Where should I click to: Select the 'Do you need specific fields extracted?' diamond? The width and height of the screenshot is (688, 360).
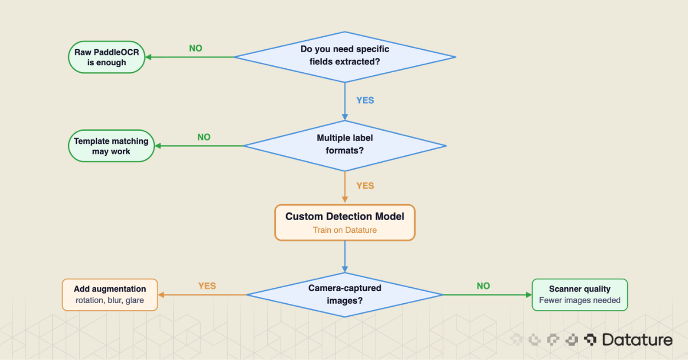pyautogui.click(x=345, y=57)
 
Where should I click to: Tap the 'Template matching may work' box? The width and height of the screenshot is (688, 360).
pyautogui.click(x=111, y=146)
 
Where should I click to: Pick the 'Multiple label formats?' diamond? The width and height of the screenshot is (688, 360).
pyautogui.click(x=345, y=146)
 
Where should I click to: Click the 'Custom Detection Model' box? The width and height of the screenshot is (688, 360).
pyautogui.click(x=345, y=222)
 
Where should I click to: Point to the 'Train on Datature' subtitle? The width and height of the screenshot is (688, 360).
pyautogui.click(x=345, y=230)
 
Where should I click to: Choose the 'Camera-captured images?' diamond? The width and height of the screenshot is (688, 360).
pyautogui.click(x=345, y=295)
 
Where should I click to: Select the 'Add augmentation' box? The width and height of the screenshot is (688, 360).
pyautogui.click(x=110, y=295)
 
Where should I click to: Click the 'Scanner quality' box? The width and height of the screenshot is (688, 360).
pyautogui.click(x=580, y=295)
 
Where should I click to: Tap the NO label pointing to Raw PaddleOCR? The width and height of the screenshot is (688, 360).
pyautogui.click(x=196, y=49)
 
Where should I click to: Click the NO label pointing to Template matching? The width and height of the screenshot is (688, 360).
pyautogui.click(x=204, y=138)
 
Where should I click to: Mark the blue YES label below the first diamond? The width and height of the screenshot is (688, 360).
pyautogui.click(x=365, y=100)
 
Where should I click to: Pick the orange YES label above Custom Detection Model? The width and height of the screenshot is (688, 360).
pyautogui.click(x=365, y=186)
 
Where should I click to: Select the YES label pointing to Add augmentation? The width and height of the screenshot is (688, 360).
pyautogui.click(x=207, y=286)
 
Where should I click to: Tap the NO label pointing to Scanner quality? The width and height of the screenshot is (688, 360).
pyautogui.click(x=483, y=286)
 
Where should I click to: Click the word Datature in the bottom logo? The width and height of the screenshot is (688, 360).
pyautogui.click(x=637, y=340)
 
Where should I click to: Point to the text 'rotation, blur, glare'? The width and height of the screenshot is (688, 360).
pyautogui.click(x=110, y=300)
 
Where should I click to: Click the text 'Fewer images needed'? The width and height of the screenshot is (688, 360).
pyautogui.click(x=580, y=300)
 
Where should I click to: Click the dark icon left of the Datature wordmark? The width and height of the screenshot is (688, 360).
pyautogui.click(x=590, y=340)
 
